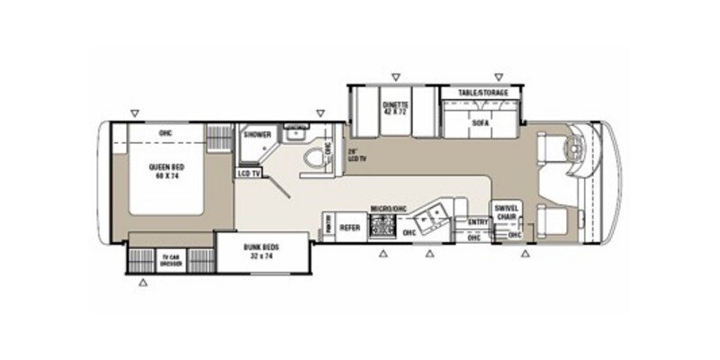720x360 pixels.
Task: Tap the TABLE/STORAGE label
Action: point(481,94)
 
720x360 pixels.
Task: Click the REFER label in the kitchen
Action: point(350,229)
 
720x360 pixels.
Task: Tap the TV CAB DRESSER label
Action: point(170,261)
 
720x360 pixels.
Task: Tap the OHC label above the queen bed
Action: point(165,133)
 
